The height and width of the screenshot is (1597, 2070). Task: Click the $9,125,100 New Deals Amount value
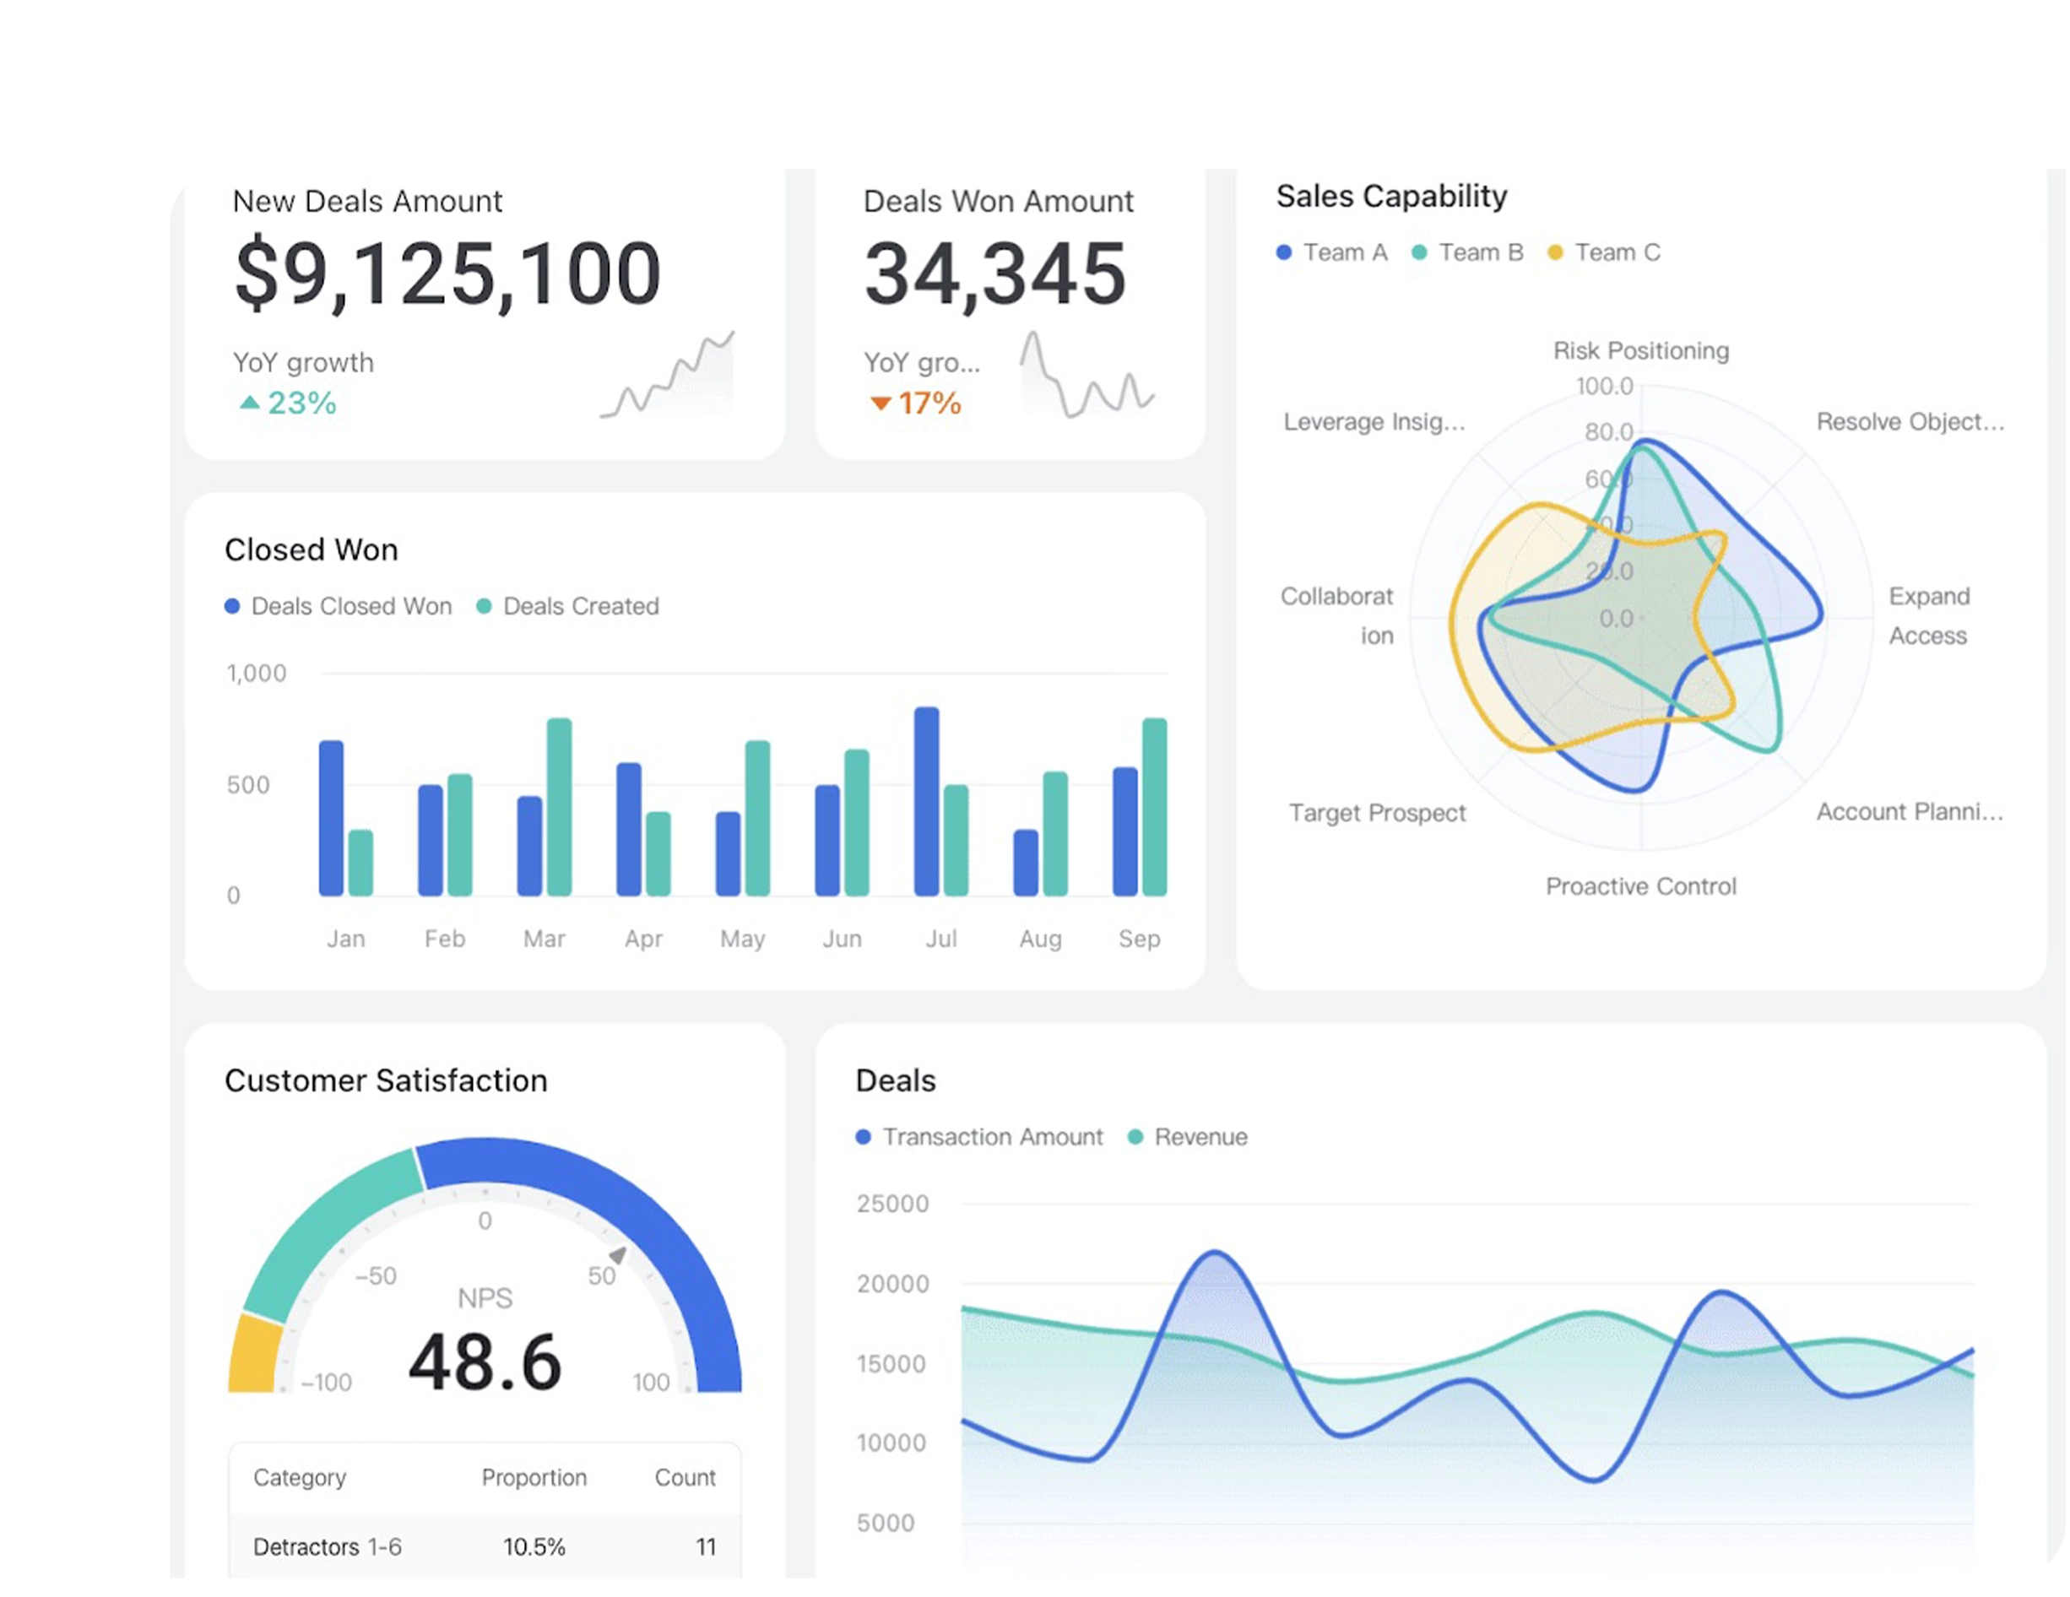(447, 275)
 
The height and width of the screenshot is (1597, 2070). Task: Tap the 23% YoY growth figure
(301, 403)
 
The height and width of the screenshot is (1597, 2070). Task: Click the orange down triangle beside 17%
(881, 403)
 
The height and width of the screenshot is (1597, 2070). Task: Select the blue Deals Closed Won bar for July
(926, 802)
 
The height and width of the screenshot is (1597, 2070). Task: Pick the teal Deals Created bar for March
(559, 808)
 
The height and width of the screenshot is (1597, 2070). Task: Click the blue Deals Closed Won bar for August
(1026, 863)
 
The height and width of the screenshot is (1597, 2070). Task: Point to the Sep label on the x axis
(1138, 939)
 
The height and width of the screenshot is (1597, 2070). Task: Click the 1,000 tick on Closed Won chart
(256, 674)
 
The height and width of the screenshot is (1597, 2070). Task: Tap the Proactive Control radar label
(1640, 887)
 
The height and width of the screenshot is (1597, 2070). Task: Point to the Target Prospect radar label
(1376, 813)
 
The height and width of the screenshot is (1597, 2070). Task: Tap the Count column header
(685, 1479)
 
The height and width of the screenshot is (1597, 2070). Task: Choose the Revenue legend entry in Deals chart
(1199, 1137)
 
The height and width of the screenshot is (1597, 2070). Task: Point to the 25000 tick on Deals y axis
(891, 1205)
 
